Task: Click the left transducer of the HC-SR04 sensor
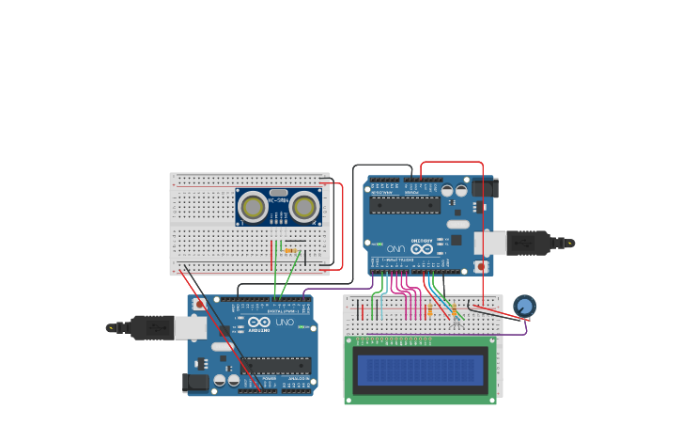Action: (x=254, y=206)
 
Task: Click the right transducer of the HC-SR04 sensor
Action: (x=304, y=206)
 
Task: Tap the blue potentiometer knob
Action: (x=524, y=306)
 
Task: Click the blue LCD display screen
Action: (x=421, y=370)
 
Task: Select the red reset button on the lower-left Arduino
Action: (x=200, y=305)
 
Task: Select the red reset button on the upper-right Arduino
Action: (x=482, y=266)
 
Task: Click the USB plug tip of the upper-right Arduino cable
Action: (x=569, y=243)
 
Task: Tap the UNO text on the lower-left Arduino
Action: (x=284, y=323)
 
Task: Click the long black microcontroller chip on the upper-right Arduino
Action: (x=405, y=205)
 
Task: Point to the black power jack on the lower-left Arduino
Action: (x=193, y=382)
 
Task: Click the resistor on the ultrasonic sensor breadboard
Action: (x=290, y=250)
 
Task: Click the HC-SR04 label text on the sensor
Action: (x=279, y=199)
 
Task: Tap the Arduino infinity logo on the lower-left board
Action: (x=259, y=323)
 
